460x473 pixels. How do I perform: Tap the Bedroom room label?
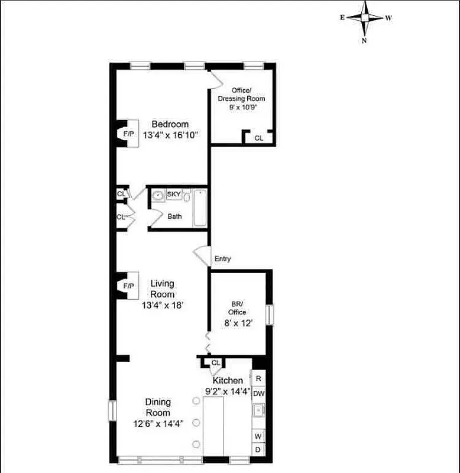[x=170, y=124]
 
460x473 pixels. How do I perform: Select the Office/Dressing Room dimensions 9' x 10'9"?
[x=241, y=108]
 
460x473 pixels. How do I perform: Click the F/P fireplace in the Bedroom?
[x=128, y=134]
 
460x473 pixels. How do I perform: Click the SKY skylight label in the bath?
[x=174, y=194]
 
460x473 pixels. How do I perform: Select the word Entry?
[x=223, y=259]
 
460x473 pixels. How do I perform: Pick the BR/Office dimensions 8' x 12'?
[x=238, y=323]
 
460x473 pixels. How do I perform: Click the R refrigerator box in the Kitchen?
[x=258, y=378]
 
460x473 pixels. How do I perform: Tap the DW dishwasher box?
[x=258, y=393]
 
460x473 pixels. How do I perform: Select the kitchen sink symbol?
[x=258, y=409]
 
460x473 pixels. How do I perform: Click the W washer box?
[x=258, y=436]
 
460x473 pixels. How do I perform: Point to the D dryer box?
[x=258, y=449]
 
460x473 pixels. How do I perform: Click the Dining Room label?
[x=158, y=407]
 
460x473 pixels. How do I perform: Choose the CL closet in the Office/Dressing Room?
[x=258, y=138]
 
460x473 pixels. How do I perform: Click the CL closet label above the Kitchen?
[x=215, y=362]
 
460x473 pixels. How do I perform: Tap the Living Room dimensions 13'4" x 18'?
[x=163, y=306]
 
